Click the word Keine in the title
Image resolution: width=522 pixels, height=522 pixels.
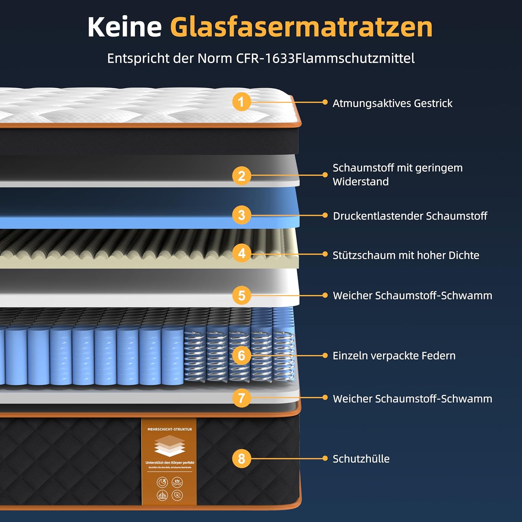(124, 27)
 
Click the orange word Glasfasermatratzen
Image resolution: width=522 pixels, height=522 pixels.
(301, 27)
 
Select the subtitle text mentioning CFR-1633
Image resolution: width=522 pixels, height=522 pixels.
(261, 58)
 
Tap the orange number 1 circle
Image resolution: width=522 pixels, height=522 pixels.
(242, 102)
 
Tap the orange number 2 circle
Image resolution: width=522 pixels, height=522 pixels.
(242, 176)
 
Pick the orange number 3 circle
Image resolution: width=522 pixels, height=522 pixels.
(242, 215)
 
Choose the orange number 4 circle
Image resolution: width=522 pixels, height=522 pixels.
(242, 254)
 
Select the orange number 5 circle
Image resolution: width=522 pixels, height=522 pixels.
(242, 295)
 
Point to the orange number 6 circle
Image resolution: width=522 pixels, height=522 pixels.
(242, 355)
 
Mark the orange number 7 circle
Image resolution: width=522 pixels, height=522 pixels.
(242, 398)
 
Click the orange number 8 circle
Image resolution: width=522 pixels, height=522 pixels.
(242, 458)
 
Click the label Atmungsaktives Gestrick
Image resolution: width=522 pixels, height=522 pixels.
(392, 103)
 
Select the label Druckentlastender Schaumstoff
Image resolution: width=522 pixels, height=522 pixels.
(410, 216)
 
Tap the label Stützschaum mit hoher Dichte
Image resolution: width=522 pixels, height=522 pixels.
(406, 255)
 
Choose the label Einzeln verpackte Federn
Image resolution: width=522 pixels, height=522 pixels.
(394, 356)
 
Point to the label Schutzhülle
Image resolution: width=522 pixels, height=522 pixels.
(361, 459)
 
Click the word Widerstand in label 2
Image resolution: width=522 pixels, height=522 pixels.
(361, 182)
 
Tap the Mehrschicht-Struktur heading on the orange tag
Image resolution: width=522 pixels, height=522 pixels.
(169, 429)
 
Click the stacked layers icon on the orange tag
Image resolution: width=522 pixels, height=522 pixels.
(169, 445)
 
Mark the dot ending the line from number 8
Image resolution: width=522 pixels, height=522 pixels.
(325, 458)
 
